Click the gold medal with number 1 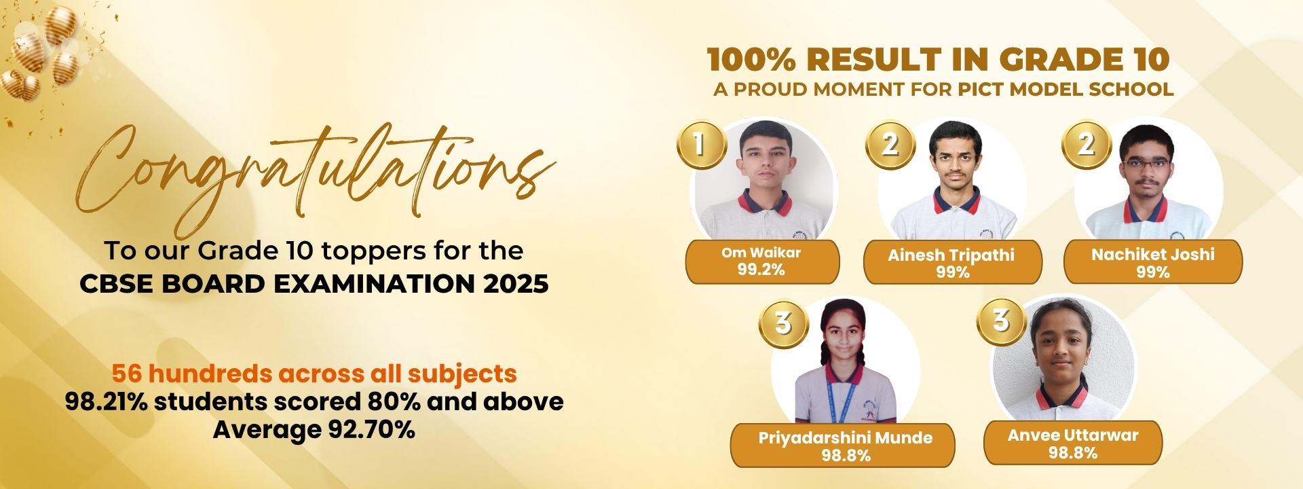[x=701, y=144]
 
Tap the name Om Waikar [x=761, y=253]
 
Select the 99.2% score [x=761, y=270]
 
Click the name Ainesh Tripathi [x=951, y=255]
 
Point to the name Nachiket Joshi [x=1152, y=255]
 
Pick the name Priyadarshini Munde [x=845, y=438]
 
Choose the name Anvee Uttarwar [x=1072, y=435]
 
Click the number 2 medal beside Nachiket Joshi [x=1087, y=144]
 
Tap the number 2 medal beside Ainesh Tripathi [x=890, y=144]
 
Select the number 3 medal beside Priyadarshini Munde [x=783, y=323]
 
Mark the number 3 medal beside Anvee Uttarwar [x=1002, y=321]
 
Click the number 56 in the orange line [x=127, y=374]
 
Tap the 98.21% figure [x=106, y=401]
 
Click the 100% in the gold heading [x=751, y=60]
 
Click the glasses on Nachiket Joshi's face [x=1146, y=163]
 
